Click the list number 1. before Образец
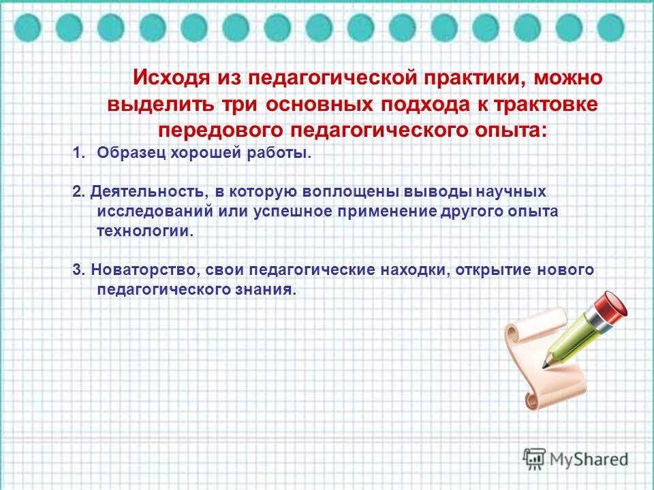[x=79, y=153]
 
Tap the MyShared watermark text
[x=590, y=459]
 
